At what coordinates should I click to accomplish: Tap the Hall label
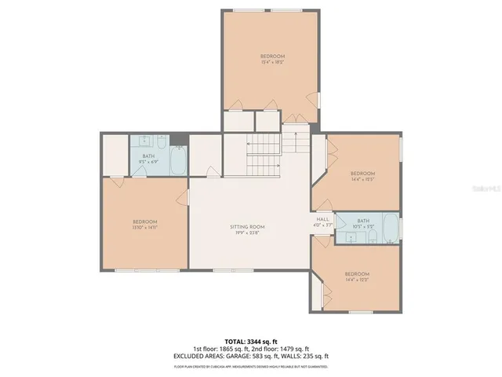coord(322,221)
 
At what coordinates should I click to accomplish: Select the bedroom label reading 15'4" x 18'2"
coord(272,59)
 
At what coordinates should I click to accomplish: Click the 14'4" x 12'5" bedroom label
coord(362,176)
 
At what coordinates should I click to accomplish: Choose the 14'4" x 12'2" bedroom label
coord(357,276)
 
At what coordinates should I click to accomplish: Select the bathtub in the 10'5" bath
coord(390,225)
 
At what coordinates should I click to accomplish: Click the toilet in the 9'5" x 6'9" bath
coord(162,141)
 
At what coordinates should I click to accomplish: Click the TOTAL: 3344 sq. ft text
coord(251,341)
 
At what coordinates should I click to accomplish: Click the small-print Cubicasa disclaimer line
coord(251,366)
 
